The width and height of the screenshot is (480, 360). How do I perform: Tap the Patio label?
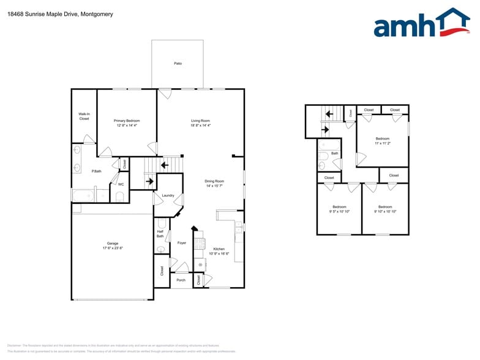(178, 63)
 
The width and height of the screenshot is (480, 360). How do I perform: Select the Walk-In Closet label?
(84, 116)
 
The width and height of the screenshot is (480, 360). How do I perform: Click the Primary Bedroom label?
(127, 121)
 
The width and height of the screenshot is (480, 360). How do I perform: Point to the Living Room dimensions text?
(200, 126)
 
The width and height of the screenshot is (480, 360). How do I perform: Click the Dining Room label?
(214, 181)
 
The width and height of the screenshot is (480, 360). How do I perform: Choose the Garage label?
(113, 243)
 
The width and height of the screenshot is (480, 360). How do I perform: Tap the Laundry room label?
(168, 195)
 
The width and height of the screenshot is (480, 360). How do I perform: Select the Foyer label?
(182, 243)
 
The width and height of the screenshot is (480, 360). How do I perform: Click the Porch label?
(181, 280)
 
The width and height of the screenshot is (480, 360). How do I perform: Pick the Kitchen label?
(219, 249)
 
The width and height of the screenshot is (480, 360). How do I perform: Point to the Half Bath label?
(160, 233)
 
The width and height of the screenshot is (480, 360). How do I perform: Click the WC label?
(121, 184)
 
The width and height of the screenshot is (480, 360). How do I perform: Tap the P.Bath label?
(96, 171)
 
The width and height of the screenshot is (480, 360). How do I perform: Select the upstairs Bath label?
(334, 154)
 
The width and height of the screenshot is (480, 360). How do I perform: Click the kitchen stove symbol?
(199, 243)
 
